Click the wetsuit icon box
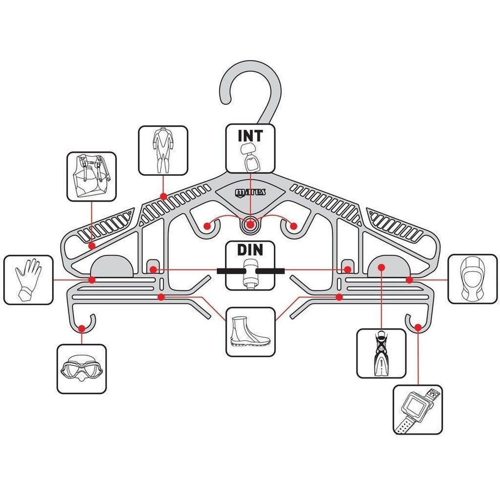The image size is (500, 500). (163, 151)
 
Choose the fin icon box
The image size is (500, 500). (381, 353)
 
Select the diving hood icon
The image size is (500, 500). (473, 279)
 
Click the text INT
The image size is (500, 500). (251, 136)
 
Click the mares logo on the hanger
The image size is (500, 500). (251, 192)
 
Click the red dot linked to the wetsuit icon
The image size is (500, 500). (163, 196)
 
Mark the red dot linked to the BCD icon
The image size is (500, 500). (91, 245)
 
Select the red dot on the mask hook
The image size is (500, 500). (82, 329)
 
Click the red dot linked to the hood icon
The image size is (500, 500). (409, 279)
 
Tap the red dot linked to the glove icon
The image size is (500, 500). (91, 279)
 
